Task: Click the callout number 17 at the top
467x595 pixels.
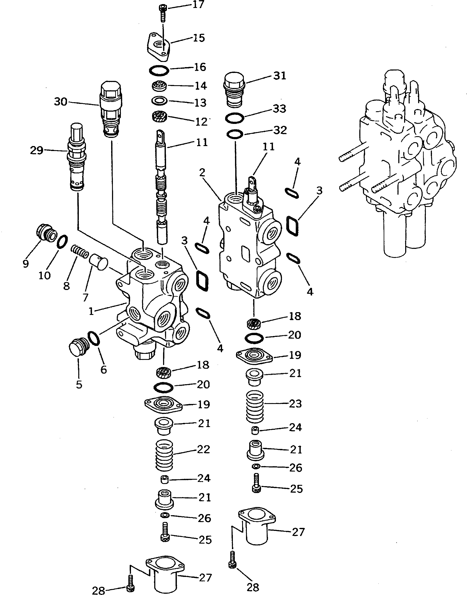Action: pyautogui.click(x=199, y=5)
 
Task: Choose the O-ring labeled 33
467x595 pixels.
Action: pyautogui.click(x=235, y=119)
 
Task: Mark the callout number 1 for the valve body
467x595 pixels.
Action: pyautogui.click(x=91, y=311)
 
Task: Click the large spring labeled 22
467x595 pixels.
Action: pyautogui.click(x=164, y=455)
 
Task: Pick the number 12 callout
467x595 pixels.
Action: pyautogui.click(x=201, y=122)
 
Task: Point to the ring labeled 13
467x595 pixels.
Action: pyautogui.click(x=159, y=101)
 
